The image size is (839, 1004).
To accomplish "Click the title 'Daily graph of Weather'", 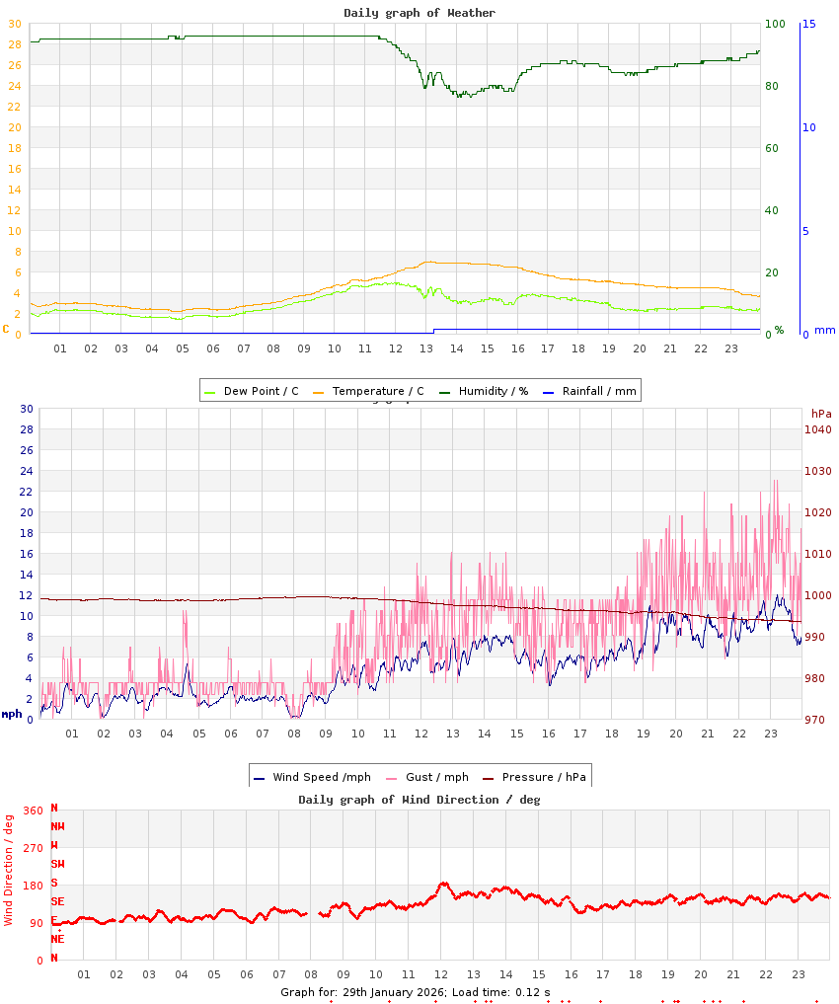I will [419, 13].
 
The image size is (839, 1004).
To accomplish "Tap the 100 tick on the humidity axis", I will [775, 24].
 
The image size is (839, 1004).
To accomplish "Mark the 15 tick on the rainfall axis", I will [808, 24].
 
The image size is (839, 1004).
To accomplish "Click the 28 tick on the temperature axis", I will [14, 44].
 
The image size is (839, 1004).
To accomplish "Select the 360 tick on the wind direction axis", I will [33, 811].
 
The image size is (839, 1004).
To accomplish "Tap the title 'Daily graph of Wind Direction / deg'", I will [419, 800].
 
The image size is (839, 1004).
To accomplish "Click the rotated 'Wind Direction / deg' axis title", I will [9, 869].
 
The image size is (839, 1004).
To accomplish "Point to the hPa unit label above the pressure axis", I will [820, 413].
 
